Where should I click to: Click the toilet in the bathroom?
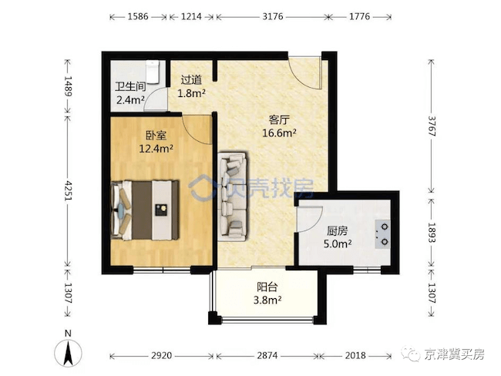pyautogui.click(x=153, y=71)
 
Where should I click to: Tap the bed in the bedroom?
pyautogui.click(x=144, y=210)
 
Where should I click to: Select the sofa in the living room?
pyautogui.click(x=232, y=196)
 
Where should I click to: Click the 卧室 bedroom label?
pyautogui.click(x=156, y=136)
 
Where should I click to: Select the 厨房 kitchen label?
pyautogui.click(x=338, y=230)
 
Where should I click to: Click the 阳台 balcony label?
pyautogui.click(x=267, y=287)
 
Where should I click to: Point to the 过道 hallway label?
pyautogui.click(x=191, y=80)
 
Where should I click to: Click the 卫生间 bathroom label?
pyautogui.click(x=130, y=87)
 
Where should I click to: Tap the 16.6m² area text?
pyautogui.click(x=279, y=133)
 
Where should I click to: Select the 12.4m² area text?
pyautogui.click(x=156, y=149)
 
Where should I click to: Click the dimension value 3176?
pyautogui.click(x=273, y=16)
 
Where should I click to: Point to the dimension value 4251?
pyautogui.click(x=68, y=190)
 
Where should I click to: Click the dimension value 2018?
pyautogui.click(x=355, y=355)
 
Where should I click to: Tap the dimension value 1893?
pyautogui.click(x=432, y=233)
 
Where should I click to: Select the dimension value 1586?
pyautogui.click(x=138, y=16)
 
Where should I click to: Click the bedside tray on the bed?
pyautogui.click(x=161, y=210)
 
